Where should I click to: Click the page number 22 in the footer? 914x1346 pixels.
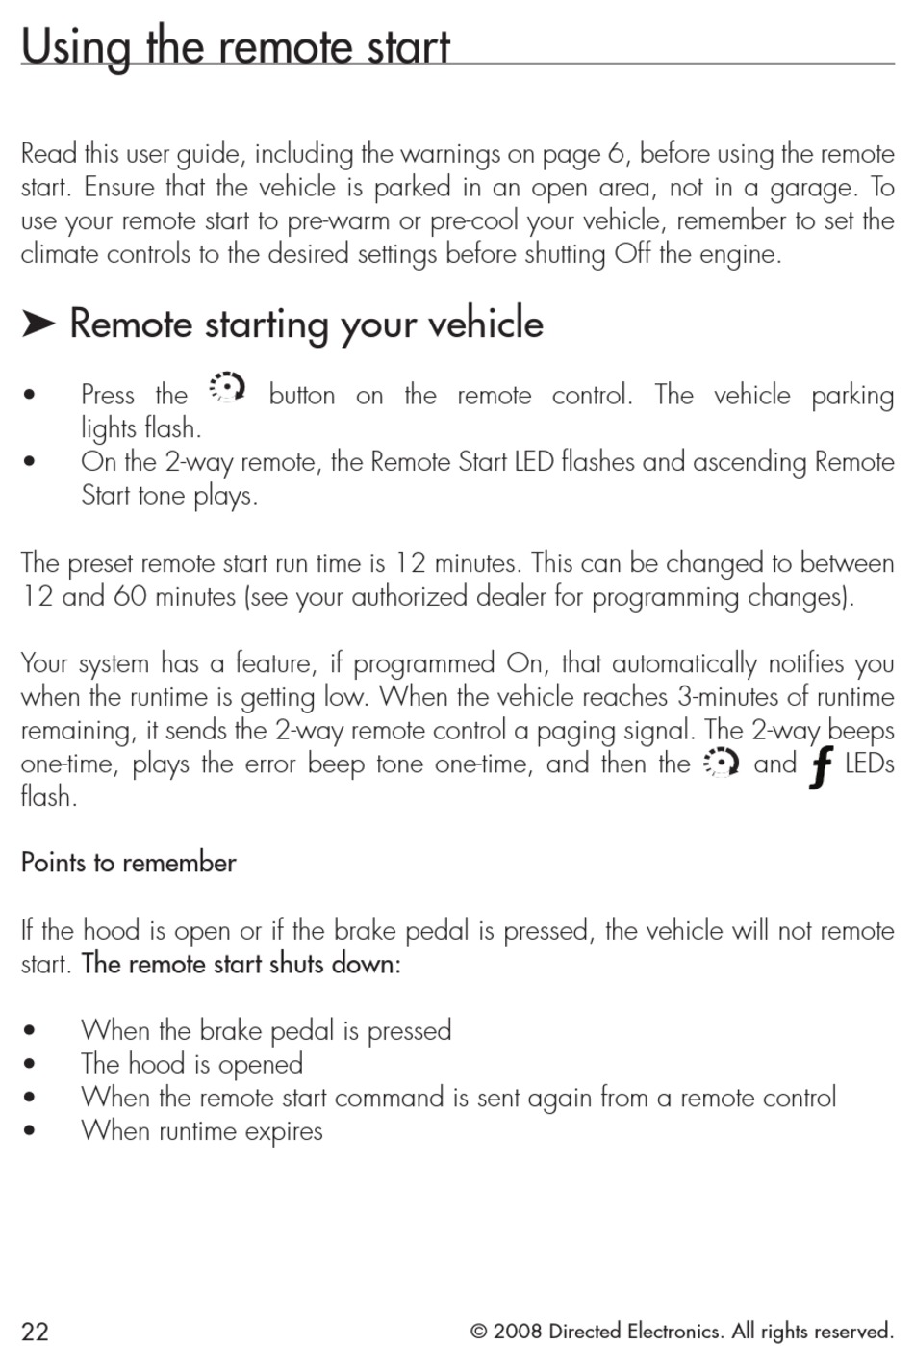36,1332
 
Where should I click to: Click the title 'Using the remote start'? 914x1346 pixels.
236,46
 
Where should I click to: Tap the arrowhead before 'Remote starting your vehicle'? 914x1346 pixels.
38,324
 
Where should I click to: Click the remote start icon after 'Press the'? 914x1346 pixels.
227,388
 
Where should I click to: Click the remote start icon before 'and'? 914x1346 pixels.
722,764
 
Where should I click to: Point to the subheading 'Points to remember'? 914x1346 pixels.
129,863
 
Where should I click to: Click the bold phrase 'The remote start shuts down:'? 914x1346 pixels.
241,964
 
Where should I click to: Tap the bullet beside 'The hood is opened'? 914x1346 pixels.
32,1065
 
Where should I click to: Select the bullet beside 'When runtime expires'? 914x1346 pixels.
32,1131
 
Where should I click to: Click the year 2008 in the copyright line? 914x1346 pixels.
519,1332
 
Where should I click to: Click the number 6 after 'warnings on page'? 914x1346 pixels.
616,154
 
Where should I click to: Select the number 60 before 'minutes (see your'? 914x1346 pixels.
131,597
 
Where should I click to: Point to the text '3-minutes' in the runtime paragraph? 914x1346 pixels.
729,697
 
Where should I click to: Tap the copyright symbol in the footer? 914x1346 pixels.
478,1332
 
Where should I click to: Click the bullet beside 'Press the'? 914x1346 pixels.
32,396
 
